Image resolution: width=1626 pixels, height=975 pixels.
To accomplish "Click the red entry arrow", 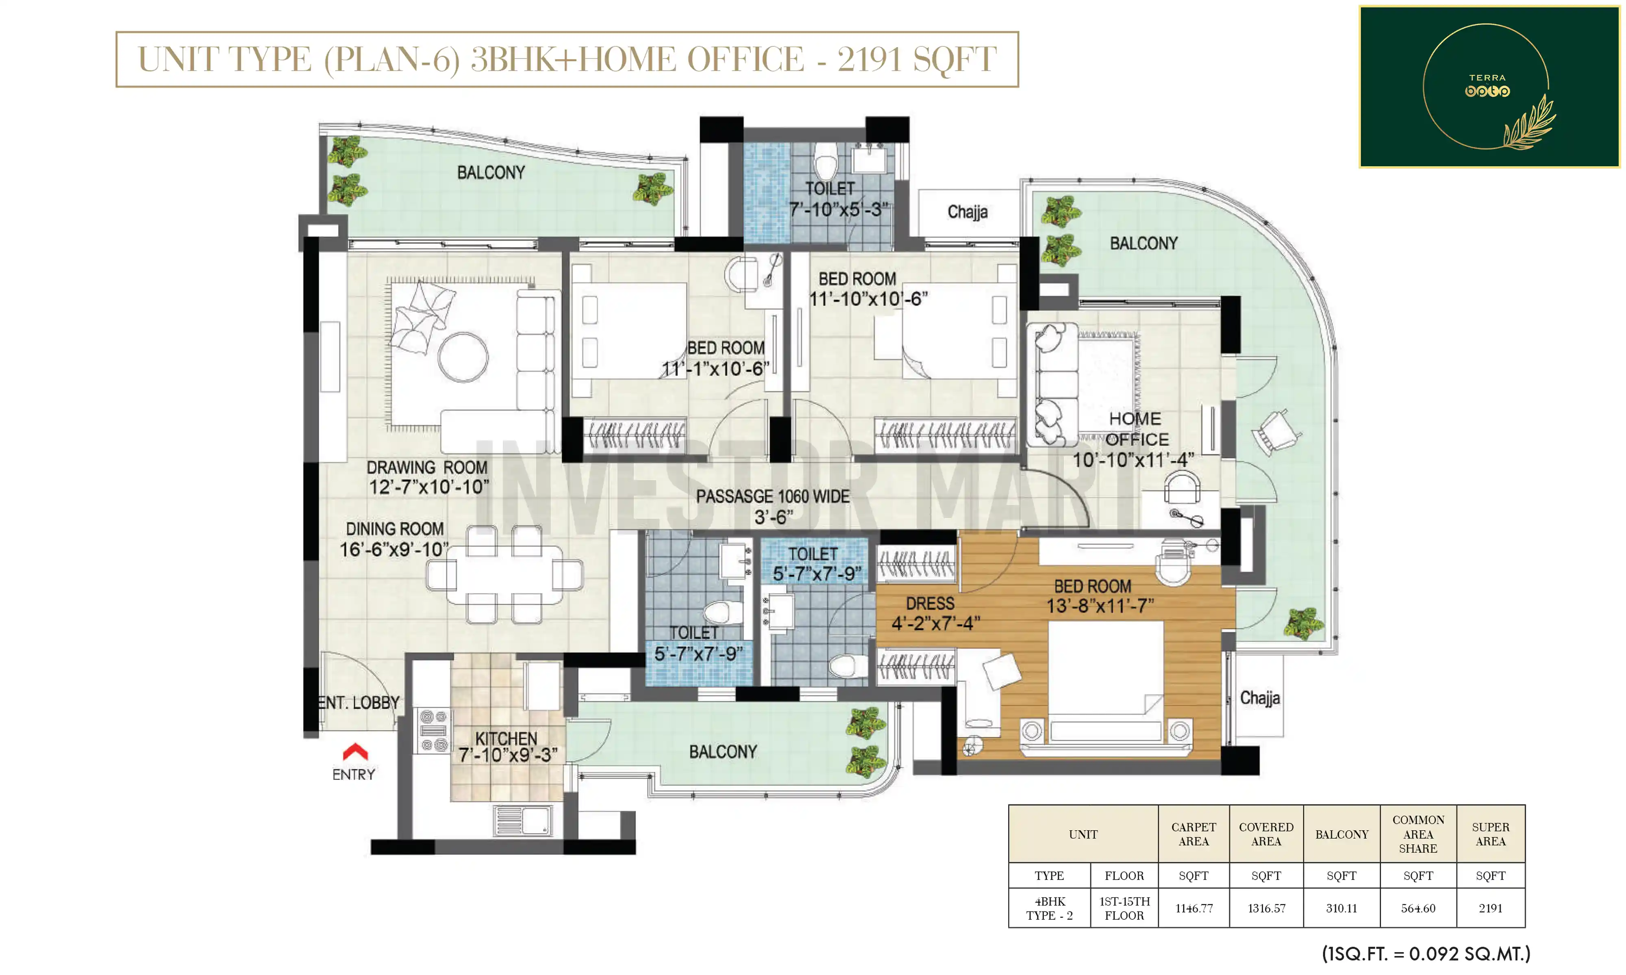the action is point(355,751).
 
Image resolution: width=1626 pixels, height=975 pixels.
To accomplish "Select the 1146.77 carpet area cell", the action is point(1193,908).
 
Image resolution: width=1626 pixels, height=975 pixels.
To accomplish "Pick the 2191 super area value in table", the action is point(1490,908).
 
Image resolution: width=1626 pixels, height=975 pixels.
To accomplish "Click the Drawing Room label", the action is point(427,477).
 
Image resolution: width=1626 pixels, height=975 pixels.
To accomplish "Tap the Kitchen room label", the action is point(507,747).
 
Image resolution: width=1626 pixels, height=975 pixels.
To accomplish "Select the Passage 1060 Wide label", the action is point(772,507).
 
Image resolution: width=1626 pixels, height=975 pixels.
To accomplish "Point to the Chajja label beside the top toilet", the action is point(967,212).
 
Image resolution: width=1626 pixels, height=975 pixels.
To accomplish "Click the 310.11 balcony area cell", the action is point(1341,908).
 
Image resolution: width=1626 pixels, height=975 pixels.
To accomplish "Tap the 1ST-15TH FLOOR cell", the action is point(1124,908).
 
